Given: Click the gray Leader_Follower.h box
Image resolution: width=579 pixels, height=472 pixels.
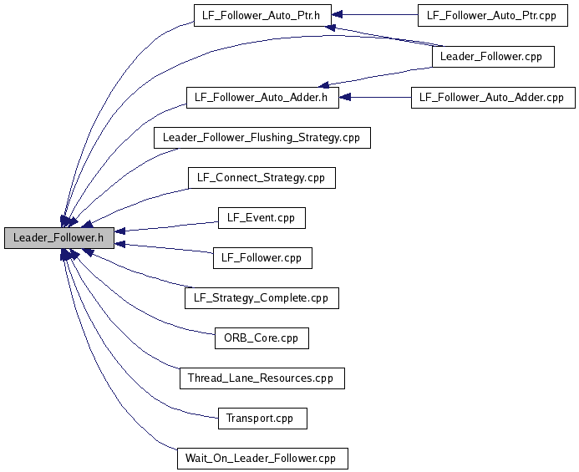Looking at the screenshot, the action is [x=59, y=238].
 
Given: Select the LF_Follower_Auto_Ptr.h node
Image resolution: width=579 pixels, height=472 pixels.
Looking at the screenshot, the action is [x=262, y=16].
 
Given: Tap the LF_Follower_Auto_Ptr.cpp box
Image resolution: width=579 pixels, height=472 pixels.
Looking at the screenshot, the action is [x=493, y=16].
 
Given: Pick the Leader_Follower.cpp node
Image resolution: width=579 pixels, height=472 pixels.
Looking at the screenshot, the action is [x=493, y=57].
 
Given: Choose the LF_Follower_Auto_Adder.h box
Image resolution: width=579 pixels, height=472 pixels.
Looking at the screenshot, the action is [x=262, y=98].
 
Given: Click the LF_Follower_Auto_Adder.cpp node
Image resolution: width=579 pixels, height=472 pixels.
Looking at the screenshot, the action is [x=493, y=98].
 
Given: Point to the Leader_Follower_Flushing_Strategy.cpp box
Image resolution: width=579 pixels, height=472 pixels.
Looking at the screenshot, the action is [x=262, y=138].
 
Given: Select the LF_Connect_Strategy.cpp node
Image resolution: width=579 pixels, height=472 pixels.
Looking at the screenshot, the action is [x=262, y=178].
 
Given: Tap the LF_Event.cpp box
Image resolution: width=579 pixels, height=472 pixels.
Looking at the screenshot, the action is [x=262, y=218].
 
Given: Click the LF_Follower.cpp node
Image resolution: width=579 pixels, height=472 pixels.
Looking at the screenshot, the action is [x=262, y=258].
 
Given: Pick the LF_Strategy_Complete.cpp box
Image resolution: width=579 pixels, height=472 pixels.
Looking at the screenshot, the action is [x=262, y=298].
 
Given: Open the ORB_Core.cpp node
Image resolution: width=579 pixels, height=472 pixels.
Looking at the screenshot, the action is [x=262, y=338].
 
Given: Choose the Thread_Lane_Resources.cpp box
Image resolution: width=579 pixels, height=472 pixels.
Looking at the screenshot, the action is [x=262, y=378].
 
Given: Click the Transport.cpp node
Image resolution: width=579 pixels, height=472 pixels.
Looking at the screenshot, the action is [x=262, y=419].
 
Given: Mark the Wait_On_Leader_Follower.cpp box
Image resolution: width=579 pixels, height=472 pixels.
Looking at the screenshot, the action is [x=262, y=459].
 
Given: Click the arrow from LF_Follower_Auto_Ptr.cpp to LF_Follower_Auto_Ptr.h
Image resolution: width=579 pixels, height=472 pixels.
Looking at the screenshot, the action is [x=375, y=15].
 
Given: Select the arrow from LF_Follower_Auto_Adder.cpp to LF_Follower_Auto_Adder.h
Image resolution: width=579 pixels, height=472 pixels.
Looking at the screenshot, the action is [x=375, y=98].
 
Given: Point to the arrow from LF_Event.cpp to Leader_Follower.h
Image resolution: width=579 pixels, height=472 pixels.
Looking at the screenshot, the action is [x=166, y=226].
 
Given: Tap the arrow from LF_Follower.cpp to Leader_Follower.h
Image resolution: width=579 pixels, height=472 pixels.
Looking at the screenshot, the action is [x=164, y=248].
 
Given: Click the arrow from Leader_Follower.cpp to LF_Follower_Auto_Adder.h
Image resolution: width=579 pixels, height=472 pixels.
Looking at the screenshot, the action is [x=375, y=77].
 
